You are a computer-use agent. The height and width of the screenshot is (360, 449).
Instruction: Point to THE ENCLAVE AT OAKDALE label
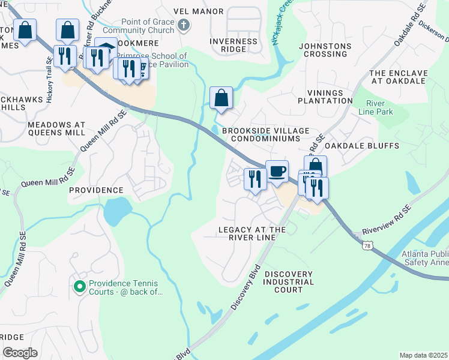pyautogui.click(x=399, y=77)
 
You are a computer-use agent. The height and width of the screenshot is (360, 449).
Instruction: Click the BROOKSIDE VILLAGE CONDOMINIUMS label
pyautogui.click(x=265, y=134)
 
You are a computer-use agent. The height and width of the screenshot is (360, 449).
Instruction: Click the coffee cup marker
pyautogui.click(x=277, y=172)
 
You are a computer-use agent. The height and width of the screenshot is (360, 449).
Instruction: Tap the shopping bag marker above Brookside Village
pyautogui.click(x=221, y=97)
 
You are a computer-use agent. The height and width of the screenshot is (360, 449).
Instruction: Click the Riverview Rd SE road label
pyautogui.click(x=387, y=220)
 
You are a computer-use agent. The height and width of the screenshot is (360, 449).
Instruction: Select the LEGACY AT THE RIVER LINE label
pyautogui.click(x=252, y=233)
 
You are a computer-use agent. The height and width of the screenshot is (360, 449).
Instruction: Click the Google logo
pyautogui.click(x=20, y=353)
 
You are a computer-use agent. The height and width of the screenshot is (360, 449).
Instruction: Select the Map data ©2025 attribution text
pyautogui.click(x=423, y=355)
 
